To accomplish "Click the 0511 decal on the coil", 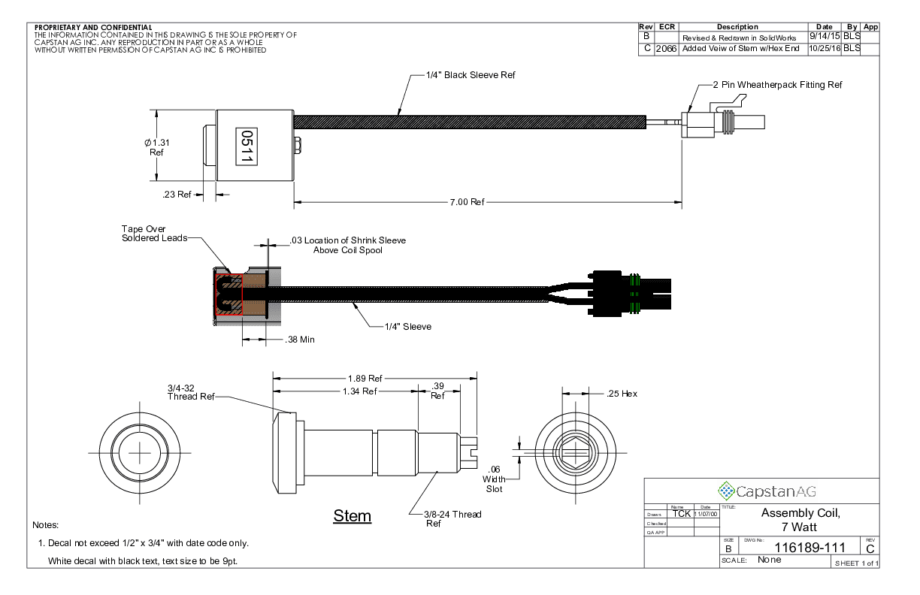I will (x=245, y=146).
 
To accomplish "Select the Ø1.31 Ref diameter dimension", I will (x=156, y=146).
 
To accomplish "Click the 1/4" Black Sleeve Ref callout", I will (x=471, y=75).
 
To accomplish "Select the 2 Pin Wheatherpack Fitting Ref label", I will (x=777, y=85).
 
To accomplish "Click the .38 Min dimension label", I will (x=300, y=340).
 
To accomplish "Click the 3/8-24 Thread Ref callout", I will (x=454, y=518).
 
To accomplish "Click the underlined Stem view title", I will (x=352, y=516).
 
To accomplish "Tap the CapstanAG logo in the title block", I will (x=767, y=492).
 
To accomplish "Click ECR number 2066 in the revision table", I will (x=666, y=49).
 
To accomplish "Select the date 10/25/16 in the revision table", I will (x=824, y=49).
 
